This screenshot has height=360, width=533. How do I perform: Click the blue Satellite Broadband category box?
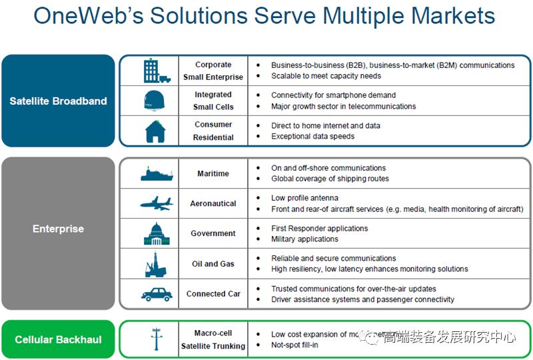coord(58,101)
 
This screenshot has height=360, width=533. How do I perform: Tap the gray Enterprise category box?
coord(58,229)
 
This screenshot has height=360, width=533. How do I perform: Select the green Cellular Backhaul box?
coord(58,339)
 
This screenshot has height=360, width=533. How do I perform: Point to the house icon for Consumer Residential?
coord(155,131)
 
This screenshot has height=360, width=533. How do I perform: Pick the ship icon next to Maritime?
coord(157,174)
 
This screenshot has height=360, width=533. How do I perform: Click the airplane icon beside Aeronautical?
coord(156,203)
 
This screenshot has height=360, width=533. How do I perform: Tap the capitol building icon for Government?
coord(156,234)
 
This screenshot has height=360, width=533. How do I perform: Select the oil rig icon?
coord(154,264)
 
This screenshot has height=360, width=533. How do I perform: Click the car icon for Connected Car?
coord(157,294)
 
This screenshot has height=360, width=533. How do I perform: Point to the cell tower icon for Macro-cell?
coord(155,340)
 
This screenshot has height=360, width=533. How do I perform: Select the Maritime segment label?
coord(213,174)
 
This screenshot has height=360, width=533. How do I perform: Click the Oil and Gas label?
coord(213,264)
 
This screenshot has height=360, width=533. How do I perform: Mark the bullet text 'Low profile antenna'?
coord(304,198)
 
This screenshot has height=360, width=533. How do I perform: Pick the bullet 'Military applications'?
coord(304,239)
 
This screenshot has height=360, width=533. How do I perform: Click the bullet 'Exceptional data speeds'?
coord(312,137)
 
